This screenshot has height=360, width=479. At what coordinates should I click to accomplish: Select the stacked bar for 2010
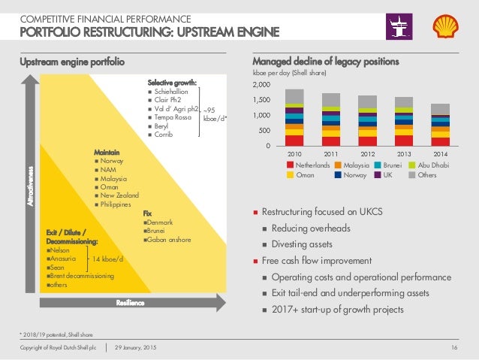point(295,117)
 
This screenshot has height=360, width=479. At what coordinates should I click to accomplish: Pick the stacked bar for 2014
point(441,125)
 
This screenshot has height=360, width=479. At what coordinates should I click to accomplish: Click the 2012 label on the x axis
point(368,153)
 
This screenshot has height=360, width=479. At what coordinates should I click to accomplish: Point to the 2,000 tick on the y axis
point(264,86)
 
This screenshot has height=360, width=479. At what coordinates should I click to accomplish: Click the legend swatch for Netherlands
point(291,164)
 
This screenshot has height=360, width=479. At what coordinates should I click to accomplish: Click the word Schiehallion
point(177,92)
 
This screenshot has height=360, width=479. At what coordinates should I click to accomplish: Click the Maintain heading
point(107,153)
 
